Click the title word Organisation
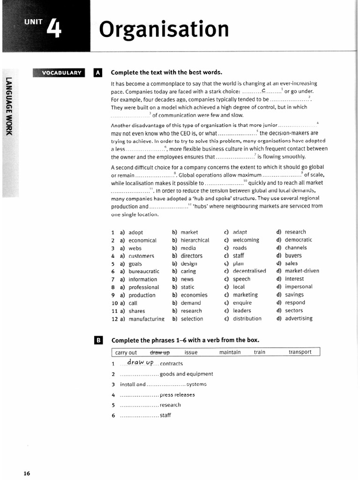click(x=164, y=30)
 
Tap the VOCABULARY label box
click(x=60, y=73)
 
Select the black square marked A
click(x=97, y=73)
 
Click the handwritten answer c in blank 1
click(x=264, y=90)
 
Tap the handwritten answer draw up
click(x=140, y=363)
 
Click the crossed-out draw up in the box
click(x=160, y=352)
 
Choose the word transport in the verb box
click(x=300, y=352)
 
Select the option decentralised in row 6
click(x=249, y=271)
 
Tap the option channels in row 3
click(x=296, y=247)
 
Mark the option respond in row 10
click(x=295, y=303)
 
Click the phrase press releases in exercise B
click(x=177, y=395)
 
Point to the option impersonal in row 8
click(x=298, y=287)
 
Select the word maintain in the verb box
click(x=230, y=352)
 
